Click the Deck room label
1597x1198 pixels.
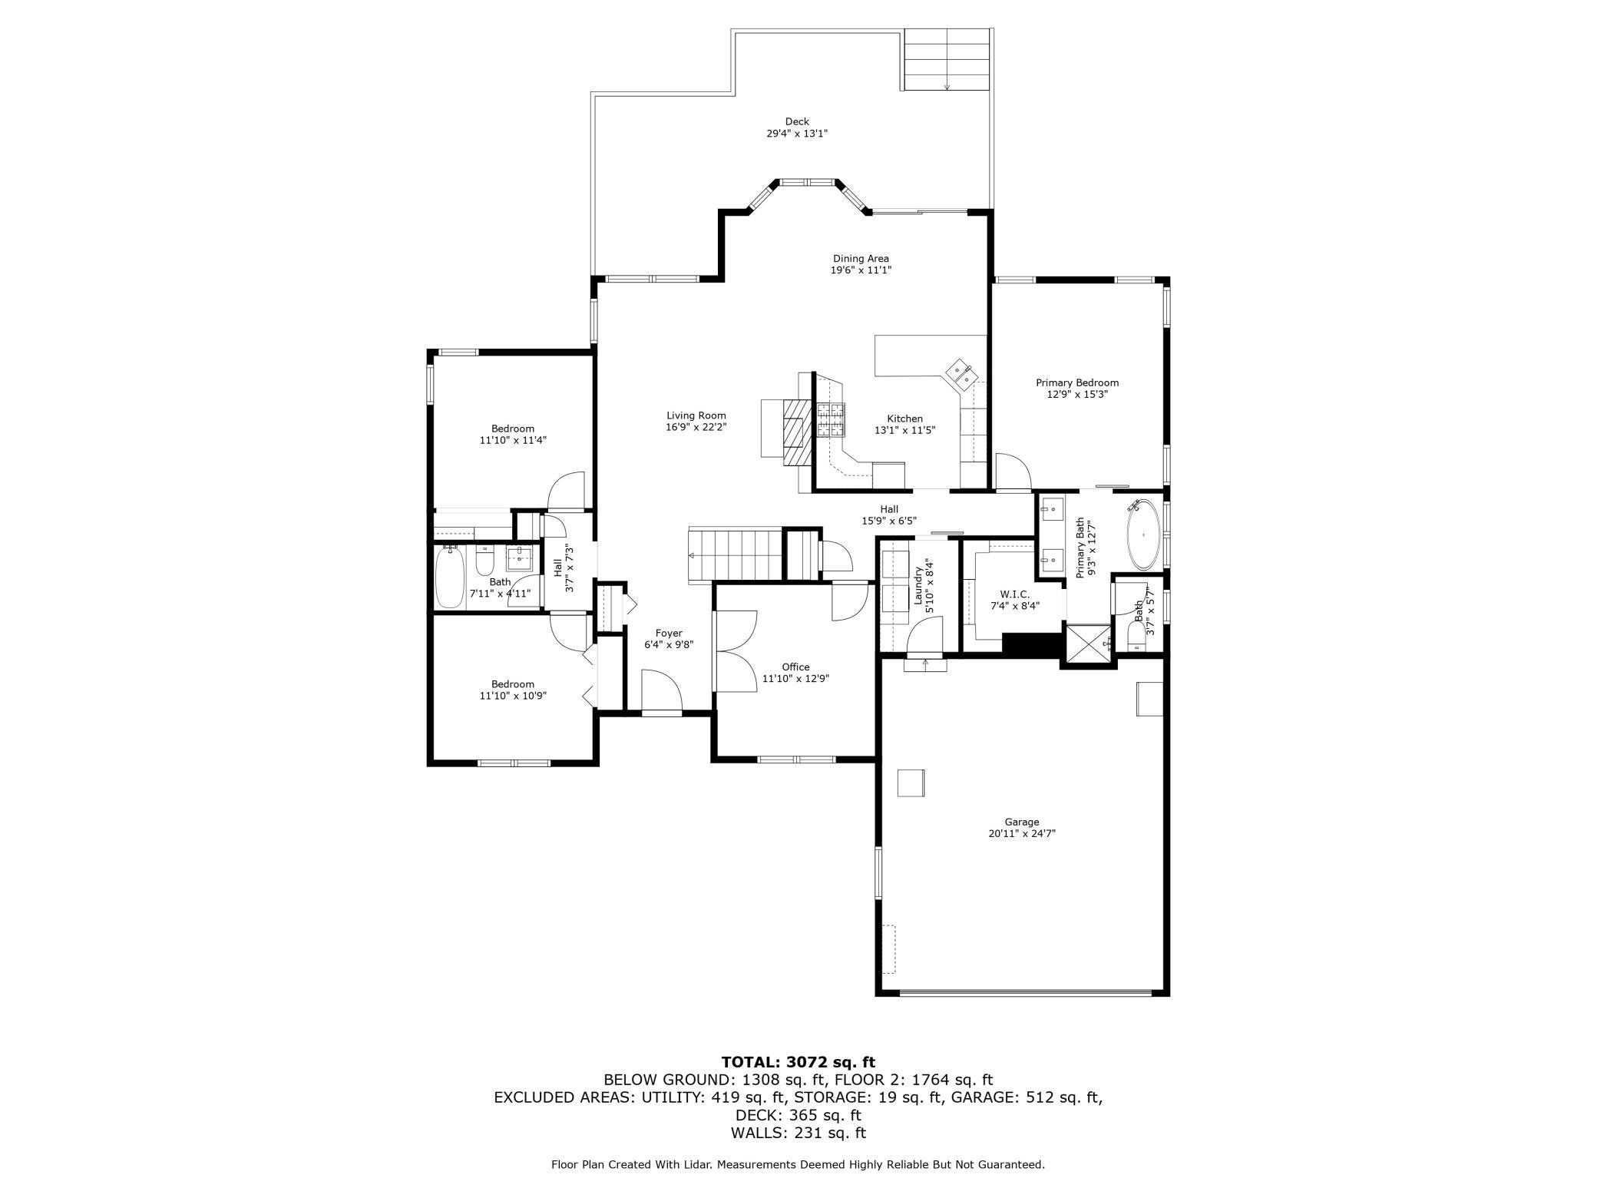tap(797, 121)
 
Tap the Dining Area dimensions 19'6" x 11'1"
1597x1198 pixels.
tap(860, 270)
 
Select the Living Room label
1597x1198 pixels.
tap(696, 416)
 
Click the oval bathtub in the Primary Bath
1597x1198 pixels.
tap(1144, 534)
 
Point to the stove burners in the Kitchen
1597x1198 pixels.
tap(830, 420)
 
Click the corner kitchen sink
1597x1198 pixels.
tap(961, 372)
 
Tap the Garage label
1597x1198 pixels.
tap(1022, 822)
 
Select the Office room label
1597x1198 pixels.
tap(795, 667)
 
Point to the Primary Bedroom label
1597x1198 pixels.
tap(1077, 382)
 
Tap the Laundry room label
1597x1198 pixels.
tap(918, 585)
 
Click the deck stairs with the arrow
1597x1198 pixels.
tap(947, 60)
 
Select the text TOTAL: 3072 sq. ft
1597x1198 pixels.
tap(798, 1062)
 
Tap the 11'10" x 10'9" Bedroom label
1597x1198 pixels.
tap(512, 690)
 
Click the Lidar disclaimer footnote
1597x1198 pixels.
tap(798, 1164)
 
